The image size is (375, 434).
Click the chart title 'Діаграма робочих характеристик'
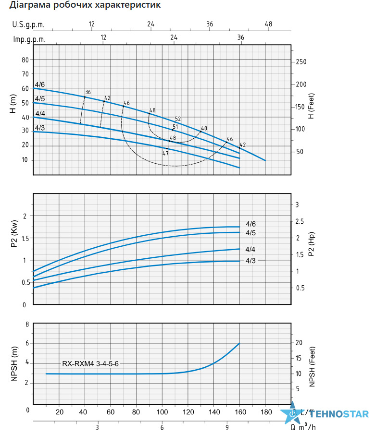click(85, 5)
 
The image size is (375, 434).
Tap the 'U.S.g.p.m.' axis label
click(28, 24)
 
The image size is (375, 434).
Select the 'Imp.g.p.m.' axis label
click(29, 39)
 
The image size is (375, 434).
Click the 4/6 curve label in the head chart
click(39, 84)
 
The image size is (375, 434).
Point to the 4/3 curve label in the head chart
click(39, 128)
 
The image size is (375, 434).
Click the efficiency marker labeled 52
click(178, 119)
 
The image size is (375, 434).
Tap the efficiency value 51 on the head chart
click(175, 127)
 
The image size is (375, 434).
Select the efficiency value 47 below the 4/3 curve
click(165, 153)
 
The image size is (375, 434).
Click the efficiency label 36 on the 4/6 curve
click(88, 92)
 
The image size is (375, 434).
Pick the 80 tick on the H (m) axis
click(25, 60)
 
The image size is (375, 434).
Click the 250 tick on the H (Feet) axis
click(301, 62)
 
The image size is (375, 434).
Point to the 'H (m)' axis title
click(13, 104)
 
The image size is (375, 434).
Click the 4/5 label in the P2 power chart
click(250, 233)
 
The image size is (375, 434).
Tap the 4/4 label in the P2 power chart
click(250, 249)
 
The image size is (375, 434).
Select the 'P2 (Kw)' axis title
click(14, 234)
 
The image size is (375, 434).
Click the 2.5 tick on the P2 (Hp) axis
click(300, 221)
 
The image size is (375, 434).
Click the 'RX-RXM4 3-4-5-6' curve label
click(90, 363)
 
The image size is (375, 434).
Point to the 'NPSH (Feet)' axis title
click(312, 366)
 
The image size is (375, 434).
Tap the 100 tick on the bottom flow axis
click(162, 412)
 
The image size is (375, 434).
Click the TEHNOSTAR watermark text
click(338, 414)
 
